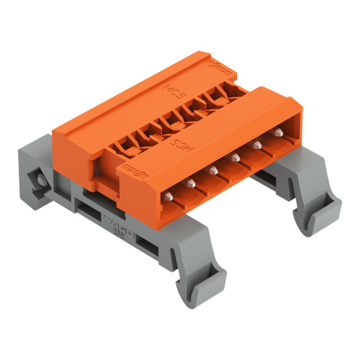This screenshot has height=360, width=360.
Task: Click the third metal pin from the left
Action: [x=212, y=171]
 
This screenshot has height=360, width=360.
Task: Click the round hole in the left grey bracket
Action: [x=35, y=175]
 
